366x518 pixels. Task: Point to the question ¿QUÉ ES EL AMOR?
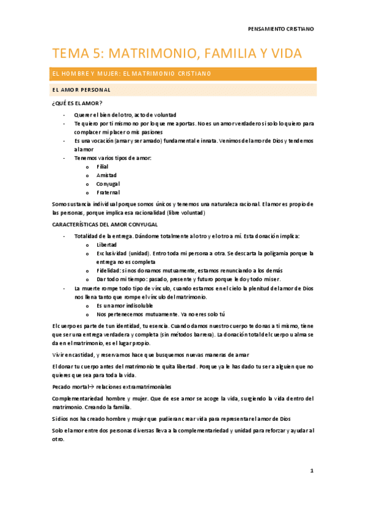(x=77, y=103)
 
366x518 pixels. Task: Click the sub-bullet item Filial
(x=103, y=166)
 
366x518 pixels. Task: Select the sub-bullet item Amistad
(x=106, y=175)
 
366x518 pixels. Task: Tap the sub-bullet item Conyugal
(x=108, y=184)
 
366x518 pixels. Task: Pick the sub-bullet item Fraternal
(x=108, y=192)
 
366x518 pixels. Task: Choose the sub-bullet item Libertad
(x=107, y=244)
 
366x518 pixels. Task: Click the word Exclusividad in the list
(x=111, y=253)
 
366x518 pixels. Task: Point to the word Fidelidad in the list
(x=108, y=270)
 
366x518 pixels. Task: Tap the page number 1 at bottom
(x=312, y=471)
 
